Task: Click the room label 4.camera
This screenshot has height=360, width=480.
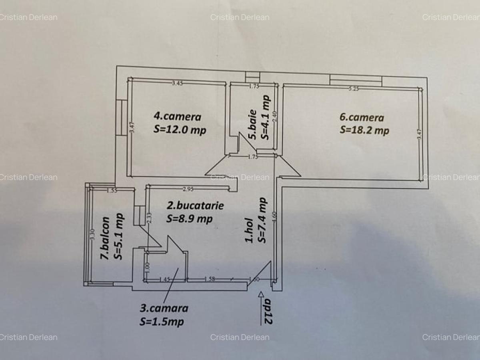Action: point(177,116)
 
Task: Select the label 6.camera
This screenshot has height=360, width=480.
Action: point(362,117)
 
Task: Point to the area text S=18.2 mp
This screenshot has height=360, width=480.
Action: point(364,130)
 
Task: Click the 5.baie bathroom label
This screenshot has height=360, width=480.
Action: point(252,127)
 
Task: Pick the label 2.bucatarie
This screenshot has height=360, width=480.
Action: point(195,206)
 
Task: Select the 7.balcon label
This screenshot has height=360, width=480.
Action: point(105,238)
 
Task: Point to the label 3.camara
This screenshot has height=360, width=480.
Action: point(164,308)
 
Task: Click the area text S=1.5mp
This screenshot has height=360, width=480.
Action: point(162,321)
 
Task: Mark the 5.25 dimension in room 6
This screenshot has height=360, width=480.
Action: point(353,89)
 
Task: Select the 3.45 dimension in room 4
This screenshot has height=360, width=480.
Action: point(178,83)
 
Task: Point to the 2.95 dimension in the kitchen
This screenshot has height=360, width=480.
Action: point(188,189)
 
